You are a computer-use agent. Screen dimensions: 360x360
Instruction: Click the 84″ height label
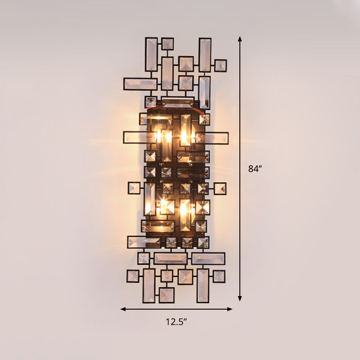point(255,169)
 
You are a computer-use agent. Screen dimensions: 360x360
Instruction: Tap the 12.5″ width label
point(176,321)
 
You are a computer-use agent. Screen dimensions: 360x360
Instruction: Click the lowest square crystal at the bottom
point(166,295)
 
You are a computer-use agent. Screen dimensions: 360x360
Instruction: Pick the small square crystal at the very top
point(167,44)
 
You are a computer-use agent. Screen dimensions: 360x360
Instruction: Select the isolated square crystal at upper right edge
point(220,66)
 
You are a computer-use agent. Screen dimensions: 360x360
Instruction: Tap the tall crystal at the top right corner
point(205,54)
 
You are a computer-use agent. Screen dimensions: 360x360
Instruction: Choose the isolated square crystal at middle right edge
point(220,189)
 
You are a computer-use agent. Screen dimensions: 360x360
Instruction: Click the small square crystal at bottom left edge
point(133,276)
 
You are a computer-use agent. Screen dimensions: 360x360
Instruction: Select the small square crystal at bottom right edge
point(219,276)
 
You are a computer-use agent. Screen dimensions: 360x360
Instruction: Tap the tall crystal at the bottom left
point(148,286)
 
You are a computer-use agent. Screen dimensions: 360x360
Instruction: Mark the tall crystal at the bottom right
point(203,285)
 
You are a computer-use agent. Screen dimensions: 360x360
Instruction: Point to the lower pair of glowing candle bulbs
point(173,208)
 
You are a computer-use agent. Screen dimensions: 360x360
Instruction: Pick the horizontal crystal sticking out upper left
point(140,84)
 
